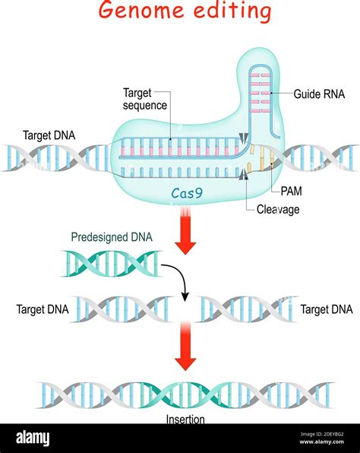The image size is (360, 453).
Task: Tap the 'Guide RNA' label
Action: pyautogui.click(x=319, y=95)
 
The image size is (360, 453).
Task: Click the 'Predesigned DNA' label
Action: pyautogui.click(x=112, y=237)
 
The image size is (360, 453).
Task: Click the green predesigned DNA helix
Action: pyautogui.click(x=111, y=264)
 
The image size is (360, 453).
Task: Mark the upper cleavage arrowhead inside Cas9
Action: pyautogui.click(x=242, y=138)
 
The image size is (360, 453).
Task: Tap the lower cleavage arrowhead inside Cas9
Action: pyautogui.click(x=242, y=176)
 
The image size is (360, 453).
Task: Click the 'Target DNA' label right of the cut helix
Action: pyautogui.click(x=327, y=309)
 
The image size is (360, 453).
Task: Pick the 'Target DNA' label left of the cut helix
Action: pyautogui.click(x=42, y=309)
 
